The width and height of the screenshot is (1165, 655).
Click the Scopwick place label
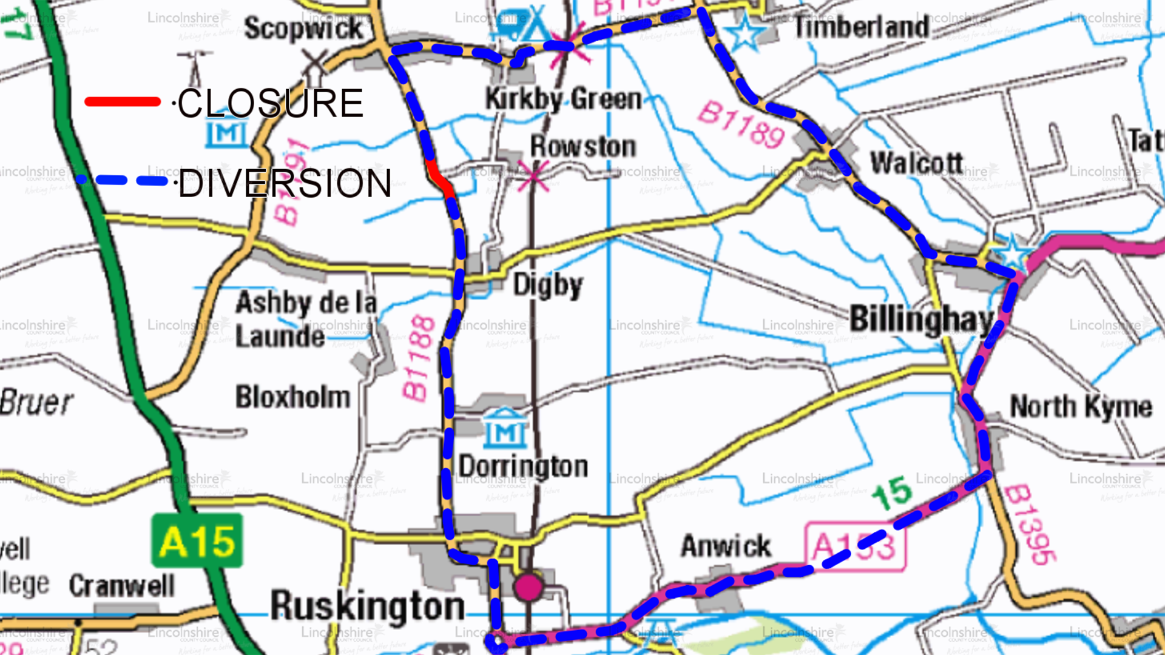pos(303,29)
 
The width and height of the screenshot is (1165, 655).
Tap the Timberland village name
pos(862,27)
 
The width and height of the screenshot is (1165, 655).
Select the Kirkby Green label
pos(563,99)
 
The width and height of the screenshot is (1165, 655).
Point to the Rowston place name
pos(583,146)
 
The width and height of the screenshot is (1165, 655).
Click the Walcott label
pos(917,163)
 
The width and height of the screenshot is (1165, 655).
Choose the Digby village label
pos(548,284)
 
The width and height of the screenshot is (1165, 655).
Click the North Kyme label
pos(1081,406)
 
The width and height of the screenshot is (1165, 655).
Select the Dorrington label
pos(523,466)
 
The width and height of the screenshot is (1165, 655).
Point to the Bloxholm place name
pos(293,397)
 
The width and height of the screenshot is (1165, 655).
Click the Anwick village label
pos(726,546)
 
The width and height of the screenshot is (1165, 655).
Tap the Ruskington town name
pos(367,605)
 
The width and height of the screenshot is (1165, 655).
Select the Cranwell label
pos(121,585)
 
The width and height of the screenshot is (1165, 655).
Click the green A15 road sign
pos(197,541)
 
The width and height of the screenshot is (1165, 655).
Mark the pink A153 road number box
pos(855,547)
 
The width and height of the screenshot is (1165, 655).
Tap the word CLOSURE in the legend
pos(270,103)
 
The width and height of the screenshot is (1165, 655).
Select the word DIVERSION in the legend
pos(285,184)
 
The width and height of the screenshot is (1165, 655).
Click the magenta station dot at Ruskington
pos(528,587)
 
